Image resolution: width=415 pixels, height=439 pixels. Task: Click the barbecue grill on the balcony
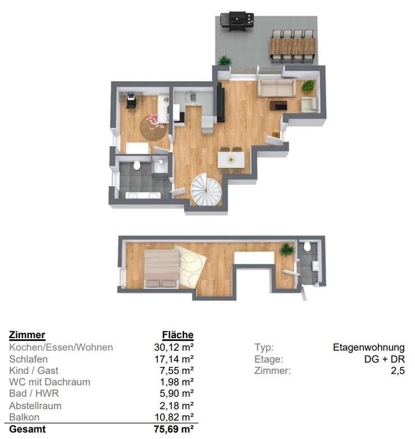(237, 21)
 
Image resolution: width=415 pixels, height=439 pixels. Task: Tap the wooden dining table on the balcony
(293, 45)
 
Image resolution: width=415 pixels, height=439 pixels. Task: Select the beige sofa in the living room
(276, 88)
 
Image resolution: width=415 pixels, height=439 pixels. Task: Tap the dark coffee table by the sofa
(279, 105)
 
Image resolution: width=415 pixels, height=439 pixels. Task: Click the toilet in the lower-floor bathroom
(137, 166)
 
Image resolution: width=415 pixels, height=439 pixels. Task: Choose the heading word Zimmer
(27, 335)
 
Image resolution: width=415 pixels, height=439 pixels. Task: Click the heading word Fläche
(178, 335)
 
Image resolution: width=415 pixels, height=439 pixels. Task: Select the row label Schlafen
(29, 359)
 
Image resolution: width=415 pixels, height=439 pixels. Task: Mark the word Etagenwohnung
(368, 347)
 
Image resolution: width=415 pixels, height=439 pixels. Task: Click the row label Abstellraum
(35, 406)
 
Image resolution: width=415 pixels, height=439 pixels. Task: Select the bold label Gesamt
(27, 429)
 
